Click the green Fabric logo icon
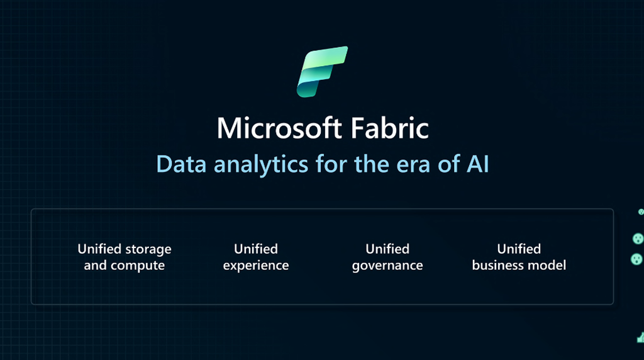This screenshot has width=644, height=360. [323, 72]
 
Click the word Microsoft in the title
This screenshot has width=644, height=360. [279, 128]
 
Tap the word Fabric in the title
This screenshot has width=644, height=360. [390, 128]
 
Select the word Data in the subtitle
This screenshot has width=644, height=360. [181, 164]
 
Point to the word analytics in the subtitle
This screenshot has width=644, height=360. [261, 166]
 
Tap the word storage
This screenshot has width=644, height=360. [148, 250]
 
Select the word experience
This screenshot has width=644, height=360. [256, 266]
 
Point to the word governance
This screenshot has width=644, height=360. [387, 266]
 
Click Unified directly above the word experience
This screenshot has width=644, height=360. [256, 249]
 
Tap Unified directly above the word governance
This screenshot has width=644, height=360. [387, 249]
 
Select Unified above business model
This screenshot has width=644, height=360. [519, 249]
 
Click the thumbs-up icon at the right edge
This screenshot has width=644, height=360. [641, 338]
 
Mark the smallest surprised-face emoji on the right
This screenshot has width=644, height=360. [641, 212]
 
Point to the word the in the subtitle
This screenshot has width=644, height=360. [372, 164]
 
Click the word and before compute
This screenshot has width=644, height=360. [96, 265]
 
